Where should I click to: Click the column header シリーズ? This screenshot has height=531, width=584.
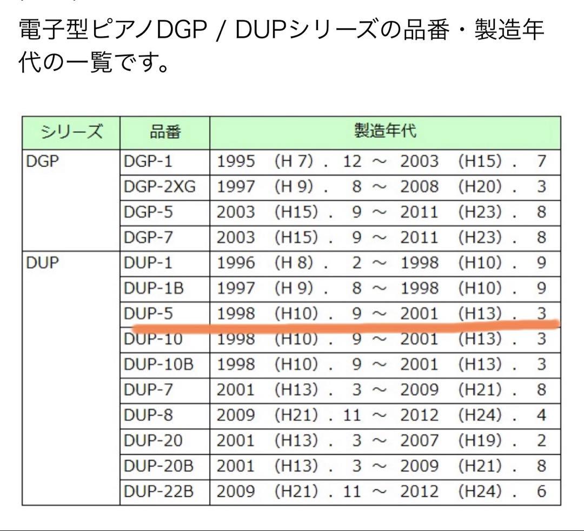coord(71,132)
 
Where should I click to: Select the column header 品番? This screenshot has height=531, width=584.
coord(165,132)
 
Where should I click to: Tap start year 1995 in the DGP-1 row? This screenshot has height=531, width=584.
coord(236,162)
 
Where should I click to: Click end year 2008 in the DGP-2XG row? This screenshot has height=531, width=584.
coord(419,187)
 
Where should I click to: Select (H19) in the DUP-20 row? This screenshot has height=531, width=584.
coord(480,441)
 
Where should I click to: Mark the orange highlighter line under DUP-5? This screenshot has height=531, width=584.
coord(346,326)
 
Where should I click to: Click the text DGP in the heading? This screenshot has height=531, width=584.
coord(181,30)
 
